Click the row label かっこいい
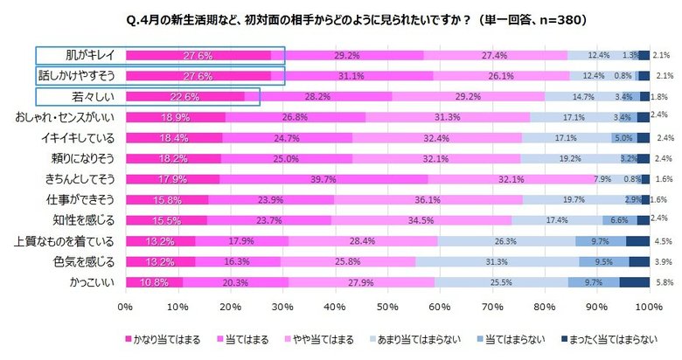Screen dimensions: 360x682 click(91, 282)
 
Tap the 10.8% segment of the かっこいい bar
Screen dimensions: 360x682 click(154, 282)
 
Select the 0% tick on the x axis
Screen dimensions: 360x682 click(125, 307)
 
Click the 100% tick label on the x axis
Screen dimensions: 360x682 click(649, 307)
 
